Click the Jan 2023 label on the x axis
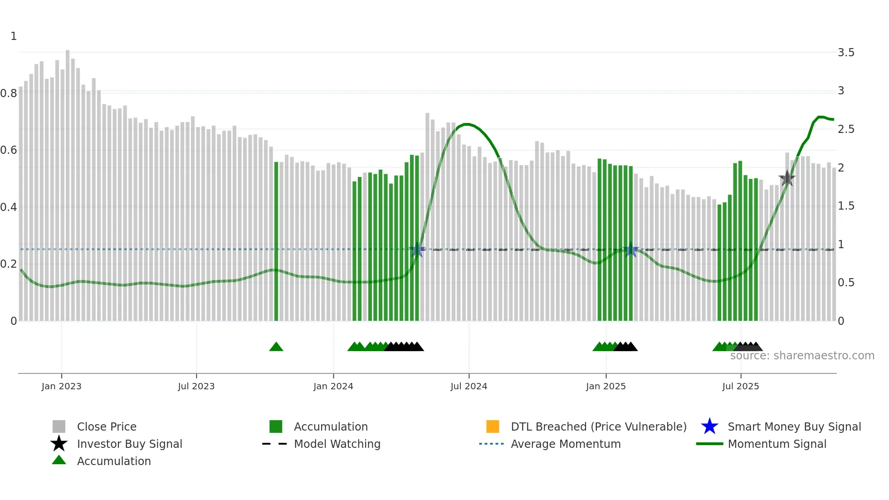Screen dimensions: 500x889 coord(61,386)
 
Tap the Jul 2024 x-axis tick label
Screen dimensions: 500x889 coord(469,386)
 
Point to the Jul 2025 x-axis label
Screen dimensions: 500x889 coord(740,386)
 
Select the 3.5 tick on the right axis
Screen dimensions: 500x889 coord(846,53)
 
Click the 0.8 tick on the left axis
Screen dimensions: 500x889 coord(9,93)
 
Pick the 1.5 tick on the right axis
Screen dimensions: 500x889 coord(846,206)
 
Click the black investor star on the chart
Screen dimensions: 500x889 coord(787,178)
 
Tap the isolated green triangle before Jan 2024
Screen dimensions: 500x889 coord(276,347)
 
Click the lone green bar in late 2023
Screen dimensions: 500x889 coord(276,240)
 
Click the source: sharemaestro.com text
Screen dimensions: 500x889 coord(802,356)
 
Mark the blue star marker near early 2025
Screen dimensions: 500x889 coord(630,250)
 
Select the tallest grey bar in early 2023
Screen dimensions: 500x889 coord(68,181)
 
